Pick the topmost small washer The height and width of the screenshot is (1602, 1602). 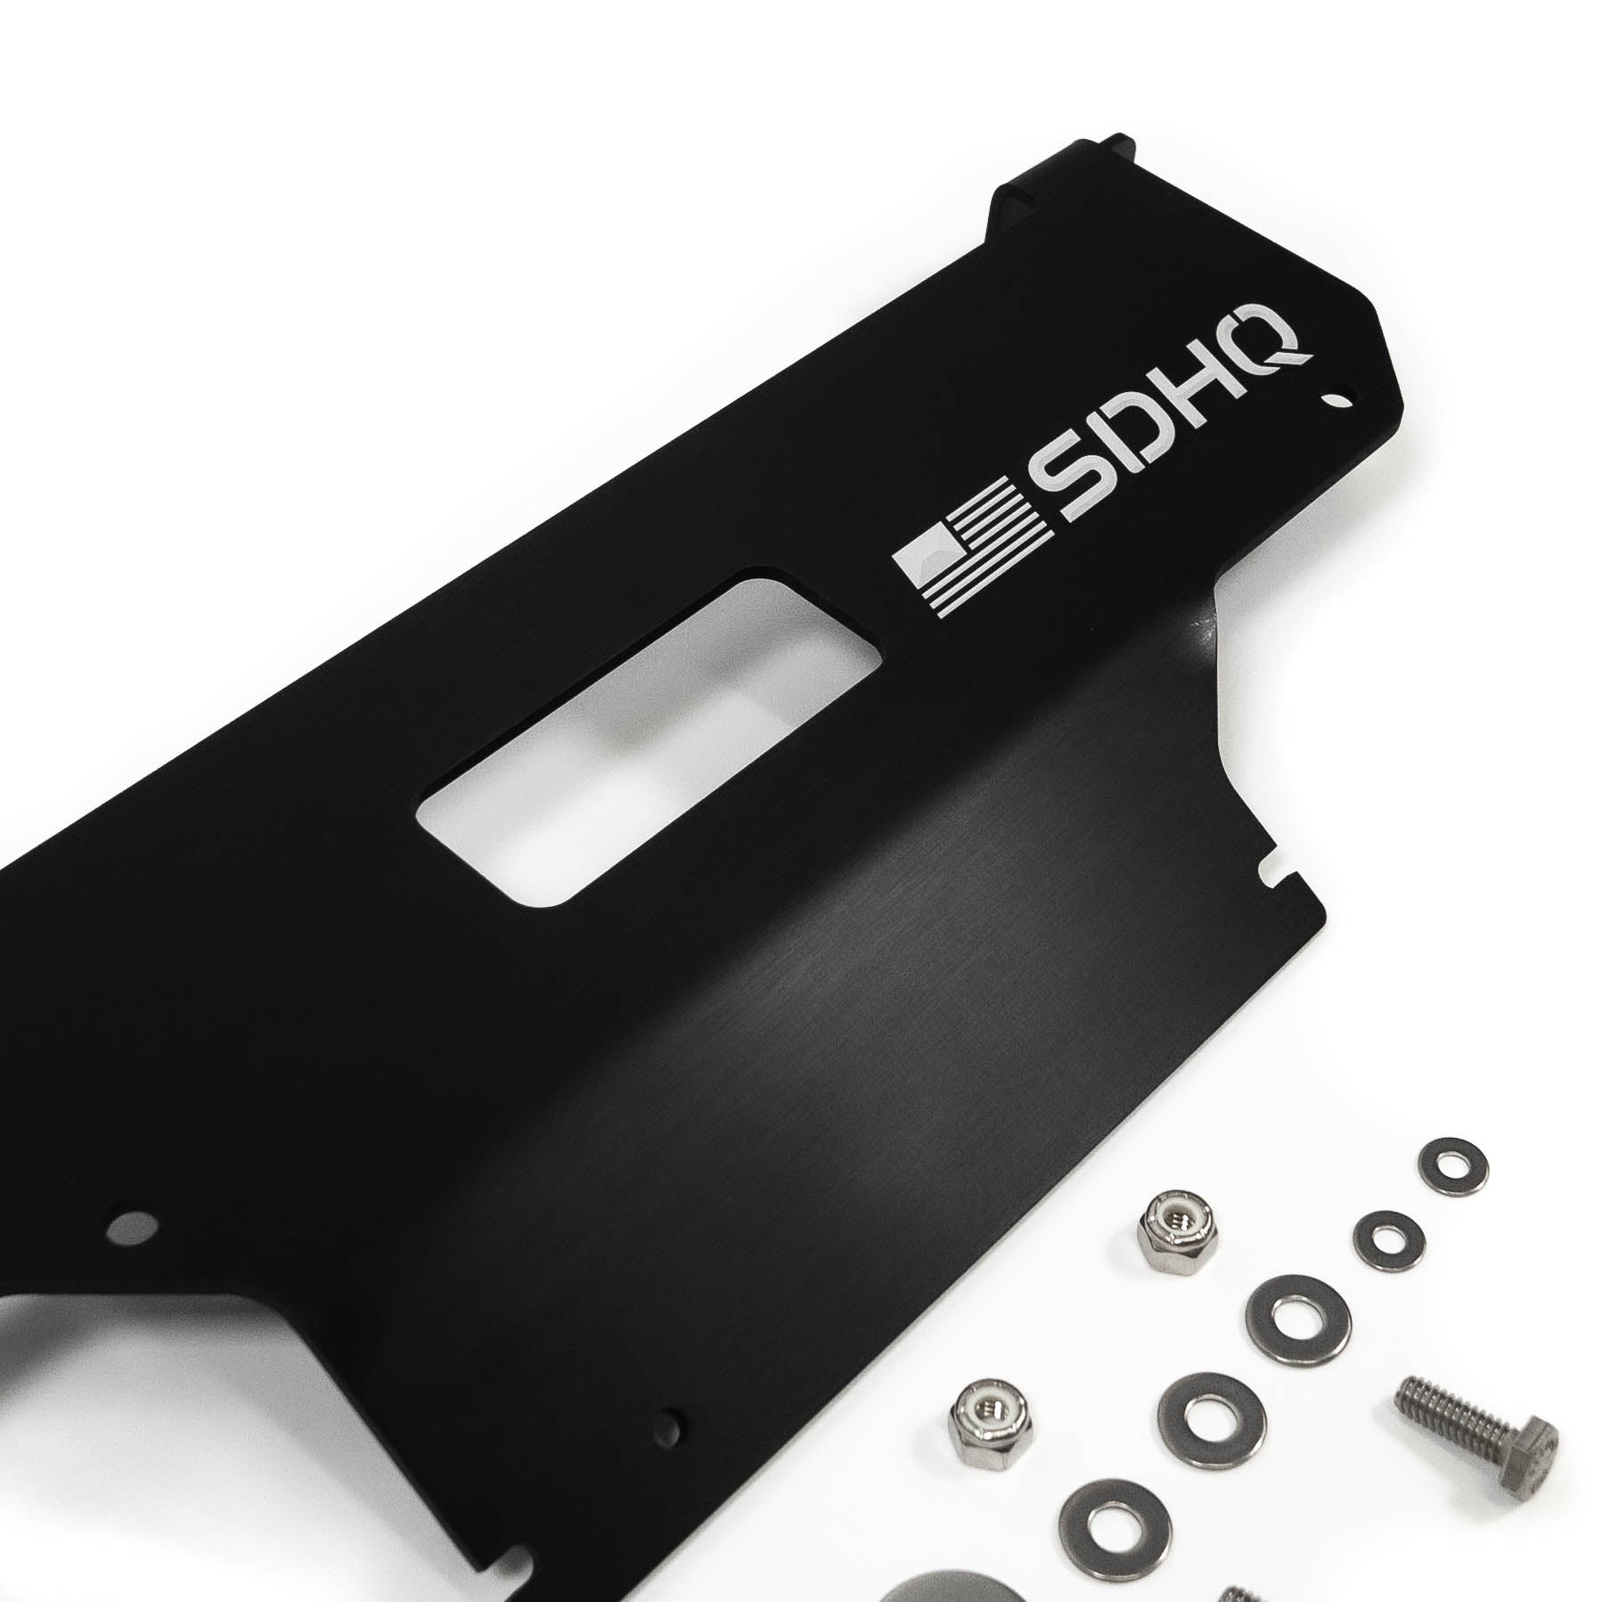click(1451, 1164)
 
